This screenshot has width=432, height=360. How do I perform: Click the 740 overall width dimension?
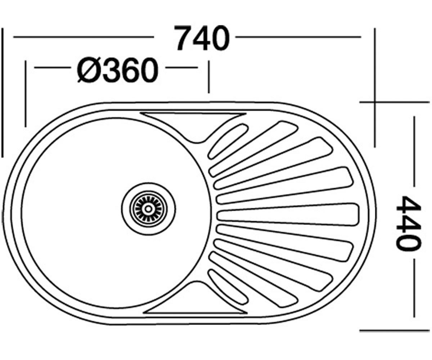[202, 39]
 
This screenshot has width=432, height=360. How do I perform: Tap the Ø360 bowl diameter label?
[117, 70]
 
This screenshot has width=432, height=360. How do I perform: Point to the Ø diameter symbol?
[89, 70]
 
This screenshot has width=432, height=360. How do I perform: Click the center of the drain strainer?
[148, 209]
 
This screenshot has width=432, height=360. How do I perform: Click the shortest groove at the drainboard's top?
[228, 141]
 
